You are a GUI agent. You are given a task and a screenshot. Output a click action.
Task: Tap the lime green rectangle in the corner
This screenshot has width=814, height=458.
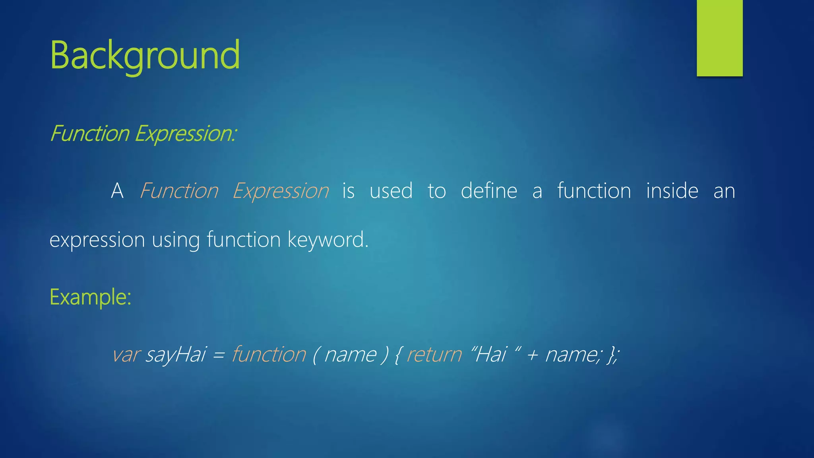tap(719, 38)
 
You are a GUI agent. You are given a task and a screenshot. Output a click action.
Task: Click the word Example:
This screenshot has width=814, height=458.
tap(90, 297)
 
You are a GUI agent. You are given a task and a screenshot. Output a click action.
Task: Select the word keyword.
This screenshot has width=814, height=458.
tap(328, 240)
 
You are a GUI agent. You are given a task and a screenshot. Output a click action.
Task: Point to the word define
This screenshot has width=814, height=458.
tap(489, 191)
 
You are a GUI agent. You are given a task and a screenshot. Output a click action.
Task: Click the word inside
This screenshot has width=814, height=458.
tap(672, 191)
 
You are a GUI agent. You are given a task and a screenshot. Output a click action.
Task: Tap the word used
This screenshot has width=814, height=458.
tap(391, 191)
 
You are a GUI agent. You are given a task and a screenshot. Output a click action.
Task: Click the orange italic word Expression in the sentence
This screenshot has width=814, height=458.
tap(281, 191)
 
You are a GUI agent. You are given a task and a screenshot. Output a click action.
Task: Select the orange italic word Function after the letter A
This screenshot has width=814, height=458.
tap(179, 191)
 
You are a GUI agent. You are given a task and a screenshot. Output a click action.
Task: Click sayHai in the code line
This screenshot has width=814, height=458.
tap(176, 354)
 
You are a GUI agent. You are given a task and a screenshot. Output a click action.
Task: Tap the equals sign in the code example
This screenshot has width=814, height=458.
tap(219, 355)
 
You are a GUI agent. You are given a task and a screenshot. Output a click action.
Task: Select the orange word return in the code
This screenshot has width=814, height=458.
tap(434, 354)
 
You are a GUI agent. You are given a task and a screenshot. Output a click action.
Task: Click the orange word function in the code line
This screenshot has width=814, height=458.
tap(269, 354)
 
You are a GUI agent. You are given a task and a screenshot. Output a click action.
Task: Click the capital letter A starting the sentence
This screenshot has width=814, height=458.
tap(117, 191)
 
